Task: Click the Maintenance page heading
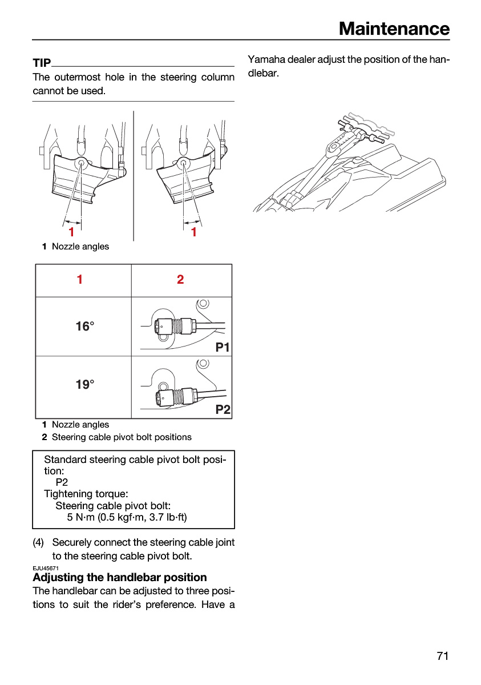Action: click(394, 29)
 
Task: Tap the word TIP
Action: click(42, 63)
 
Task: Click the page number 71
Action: click(443, 656)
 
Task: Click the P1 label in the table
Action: click(223, 348)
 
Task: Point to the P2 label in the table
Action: click(223, 409)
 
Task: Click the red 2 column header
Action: click(180, 279)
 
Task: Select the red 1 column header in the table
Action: click(80, 279)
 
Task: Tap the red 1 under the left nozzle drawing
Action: click(71, 232)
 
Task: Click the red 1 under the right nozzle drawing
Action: click(194, 232)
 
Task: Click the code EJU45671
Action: click(46, 568)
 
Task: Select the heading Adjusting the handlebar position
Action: click(120, 577)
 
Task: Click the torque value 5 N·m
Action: click(80, 517)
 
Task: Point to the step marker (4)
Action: click(38, 542)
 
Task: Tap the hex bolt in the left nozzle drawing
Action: click(81, 163)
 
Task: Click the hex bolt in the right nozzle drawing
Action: click(183, 163)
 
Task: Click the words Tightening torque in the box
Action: click(86, 494)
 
